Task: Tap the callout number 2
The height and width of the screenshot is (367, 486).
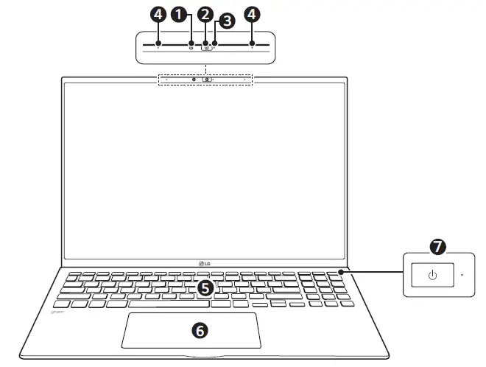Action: tap(205, 13)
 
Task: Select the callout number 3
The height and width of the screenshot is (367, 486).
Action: tap(227, 21)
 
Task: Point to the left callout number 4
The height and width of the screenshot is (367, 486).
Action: tap(158, 13)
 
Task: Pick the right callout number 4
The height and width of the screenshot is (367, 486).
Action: tap(253, 13)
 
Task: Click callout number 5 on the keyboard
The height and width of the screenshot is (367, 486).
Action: tap(205, 288)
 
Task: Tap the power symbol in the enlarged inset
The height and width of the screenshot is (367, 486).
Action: tap(432, 276)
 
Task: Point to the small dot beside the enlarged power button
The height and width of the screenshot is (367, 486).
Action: tap(462, 276)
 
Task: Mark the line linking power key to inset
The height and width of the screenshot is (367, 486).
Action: tap(376, 273)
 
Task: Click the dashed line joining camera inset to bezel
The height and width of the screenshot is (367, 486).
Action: tap(205, 68)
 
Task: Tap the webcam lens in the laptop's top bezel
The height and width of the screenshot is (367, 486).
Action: tap(208, 79)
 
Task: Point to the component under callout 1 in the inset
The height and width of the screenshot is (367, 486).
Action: tap(191, 46)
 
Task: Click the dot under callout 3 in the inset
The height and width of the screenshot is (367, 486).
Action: tap(214, 46)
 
